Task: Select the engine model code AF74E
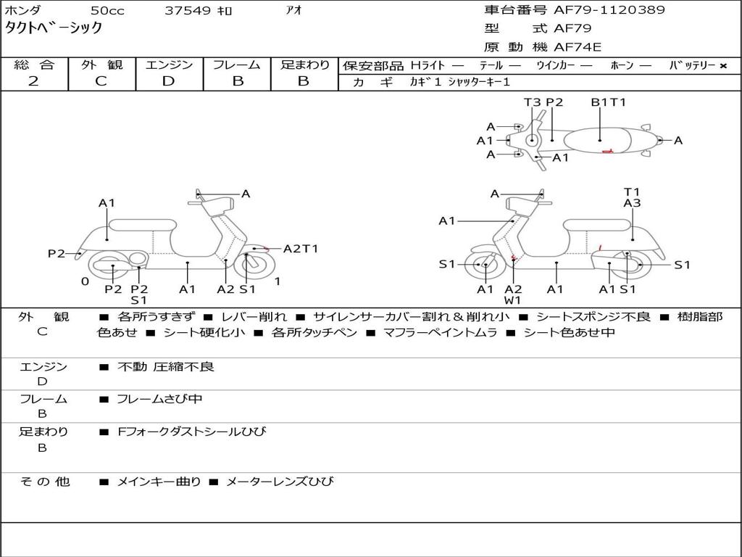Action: click(x=578, y=47)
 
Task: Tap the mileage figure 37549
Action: click(x=188, y=10)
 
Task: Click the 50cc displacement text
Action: click(x=107, y=10)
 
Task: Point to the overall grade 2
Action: click(x=33, y=81)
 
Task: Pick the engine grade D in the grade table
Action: click(x=168, y=81)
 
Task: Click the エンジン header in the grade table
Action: click(x=169, y=65)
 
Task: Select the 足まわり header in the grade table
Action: click(x=305, y=65)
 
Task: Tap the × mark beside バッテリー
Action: click(x=723, y=66)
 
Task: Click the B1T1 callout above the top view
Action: click(x=609, y=102)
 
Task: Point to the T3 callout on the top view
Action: click(x=533, y=102)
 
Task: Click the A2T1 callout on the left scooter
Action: click(x=301, y=249)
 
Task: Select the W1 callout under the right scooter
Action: click(x=512, y=300)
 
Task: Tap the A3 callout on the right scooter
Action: click(x=632, y=203)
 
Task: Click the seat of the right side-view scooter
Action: click(x=598, y=226)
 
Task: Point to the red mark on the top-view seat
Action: click(x=607, y=151)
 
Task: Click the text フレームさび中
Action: click(x=159, y=399)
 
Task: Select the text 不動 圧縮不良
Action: click(x=166, y=366)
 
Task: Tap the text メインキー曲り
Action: click(x=159, y=482)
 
